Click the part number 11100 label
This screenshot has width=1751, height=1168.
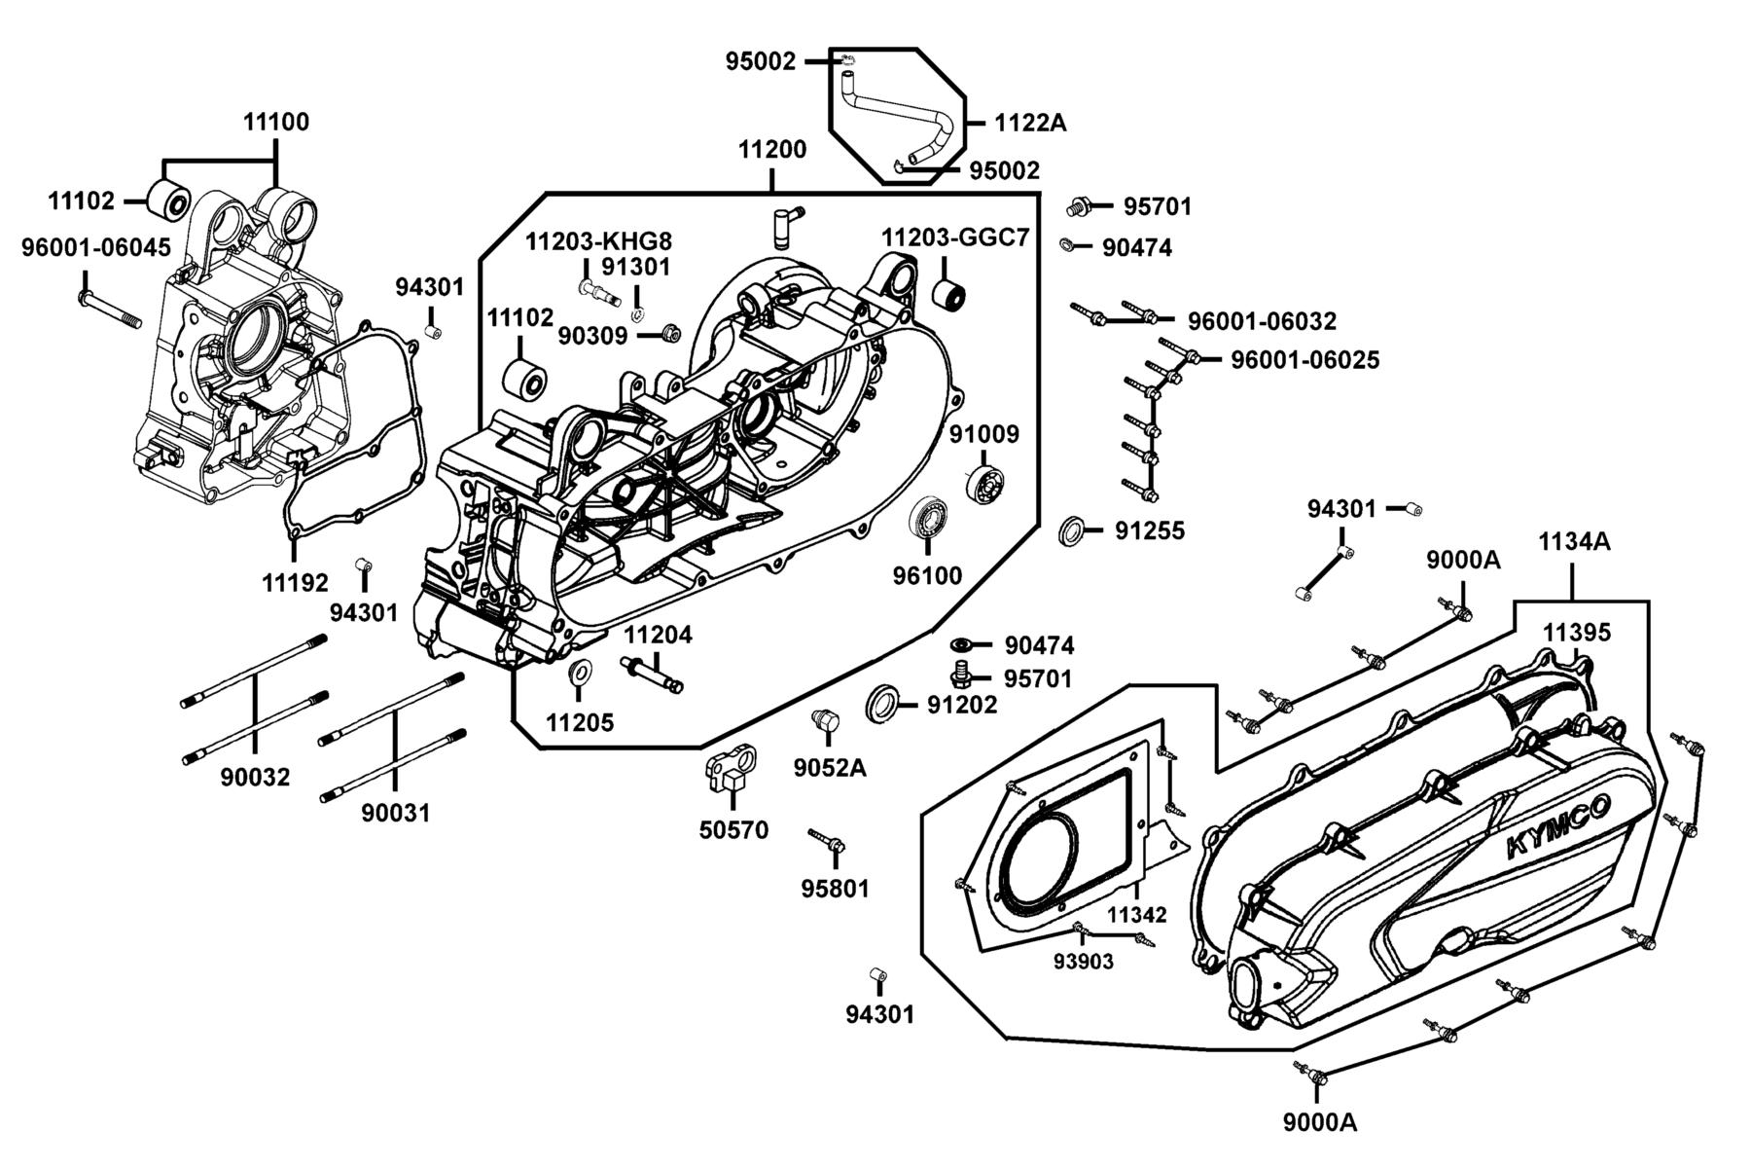(276, 122)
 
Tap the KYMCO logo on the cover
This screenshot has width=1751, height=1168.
(1557, 825)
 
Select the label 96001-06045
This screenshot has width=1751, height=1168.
(96, 248)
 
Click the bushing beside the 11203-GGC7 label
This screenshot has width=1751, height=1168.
(949, 292)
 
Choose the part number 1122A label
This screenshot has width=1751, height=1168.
(1031, 123)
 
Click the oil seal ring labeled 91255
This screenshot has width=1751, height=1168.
(1072, 531)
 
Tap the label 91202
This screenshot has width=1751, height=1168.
(962, 705)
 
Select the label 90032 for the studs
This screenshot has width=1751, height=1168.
(255, 777)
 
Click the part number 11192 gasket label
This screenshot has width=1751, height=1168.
(295, 582)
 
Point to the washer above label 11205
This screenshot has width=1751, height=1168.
(581, 672)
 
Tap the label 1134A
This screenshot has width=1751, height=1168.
(1574, 541)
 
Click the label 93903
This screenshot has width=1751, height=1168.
(1083, 961)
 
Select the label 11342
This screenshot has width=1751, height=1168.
(1136, 915)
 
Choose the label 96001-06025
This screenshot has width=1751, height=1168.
(1305, 359)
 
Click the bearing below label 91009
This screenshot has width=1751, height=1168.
(984, 484)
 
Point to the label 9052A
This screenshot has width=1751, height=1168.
(829, 767)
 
